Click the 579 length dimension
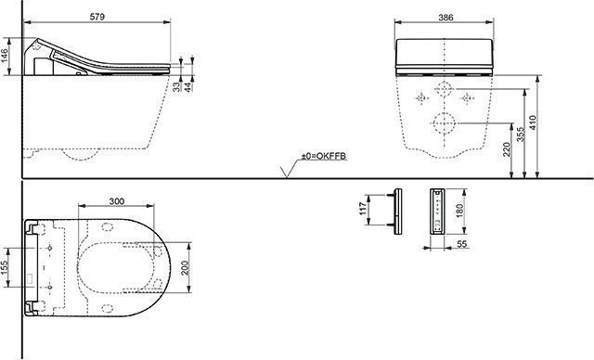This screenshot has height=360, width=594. coord(97,17)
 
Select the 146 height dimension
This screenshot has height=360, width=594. coord(7,57)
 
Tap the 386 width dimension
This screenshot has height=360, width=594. coord(445,18)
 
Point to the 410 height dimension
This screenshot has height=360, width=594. coord(533,122)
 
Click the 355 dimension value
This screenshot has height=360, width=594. coord(521,135)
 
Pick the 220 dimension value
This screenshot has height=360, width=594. coord(508,148)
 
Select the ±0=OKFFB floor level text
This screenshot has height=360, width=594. coord(324,156)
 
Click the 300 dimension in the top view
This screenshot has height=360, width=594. coord(116,201)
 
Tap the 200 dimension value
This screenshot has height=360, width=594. coord(186,267)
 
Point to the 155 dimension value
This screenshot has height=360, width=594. coord(4,268)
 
